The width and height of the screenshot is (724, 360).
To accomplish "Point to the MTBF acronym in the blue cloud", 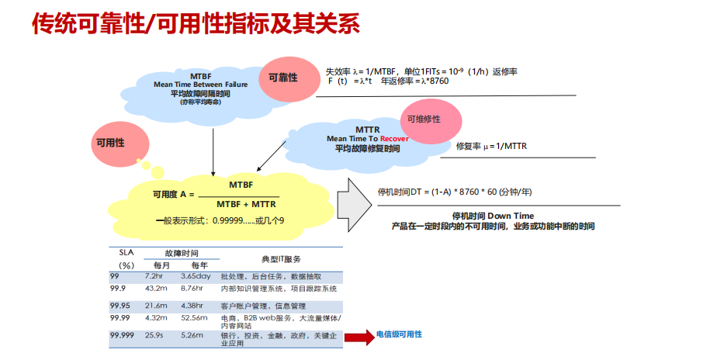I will (x=201, y=76).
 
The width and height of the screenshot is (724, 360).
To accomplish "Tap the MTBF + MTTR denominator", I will (x=246, y=203).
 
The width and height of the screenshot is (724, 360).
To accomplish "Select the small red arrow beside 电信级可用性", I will (x=359, y=337).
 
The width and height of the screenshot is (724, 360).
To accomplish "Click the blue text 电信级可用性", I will (x=399, y=334).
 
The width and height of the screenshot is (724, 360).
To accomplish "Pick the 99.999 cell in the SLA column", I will (x=122, y=334).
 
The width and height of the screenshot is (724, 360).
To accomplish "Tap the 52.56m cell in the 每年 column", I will (x=193, y=317).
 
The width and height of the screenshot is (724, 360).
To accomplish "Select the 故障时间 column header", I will (x=181, y=254).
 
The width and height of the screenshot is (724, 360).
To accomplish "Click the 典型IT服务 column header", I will (x=282, y=259).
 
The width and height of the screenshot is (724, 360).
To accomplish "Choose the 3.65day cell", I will (x=196, y=276).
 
